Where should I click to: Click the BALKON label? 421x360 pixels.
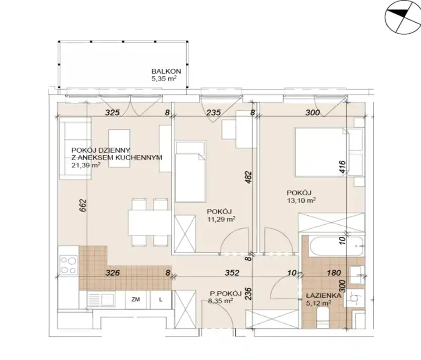click(166, 72)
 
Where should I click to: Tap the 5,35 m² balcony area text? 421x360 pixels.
click(164, 78)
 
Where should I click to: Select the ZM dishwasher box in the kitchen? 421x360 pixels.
click(136, 299)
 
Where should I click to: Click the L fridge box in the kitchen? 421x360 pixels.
click(161, 299)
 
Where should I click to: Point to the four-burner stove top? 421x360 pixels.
click(68, 265)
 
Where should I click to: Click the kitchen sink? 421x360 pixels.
click(101, 299)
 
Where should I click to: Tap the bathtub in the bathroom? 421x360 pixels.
click(337, 246)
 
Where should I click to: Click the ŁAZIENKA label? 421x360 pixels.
click(324, 296)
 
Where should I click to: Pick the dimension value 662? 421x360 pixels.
click(83, 205)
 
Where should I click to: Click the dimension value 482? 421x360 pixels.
click(248, 177)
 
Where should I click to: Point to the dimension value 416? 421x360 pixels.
click(343, 168)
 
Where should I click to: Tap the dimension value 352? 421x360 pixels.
click(232, 273)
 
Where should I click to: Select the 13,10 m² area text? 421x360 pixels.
click(301, 200)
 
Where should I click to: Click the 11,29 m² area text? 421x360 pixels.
click(221, 219)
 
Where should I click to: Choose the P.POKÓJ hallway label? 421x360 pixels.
click(225, 294)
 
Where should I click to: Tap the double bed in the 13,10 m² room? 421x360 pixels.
click(321, 152)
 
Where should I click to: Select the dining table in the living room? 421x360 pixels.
click(149, 223)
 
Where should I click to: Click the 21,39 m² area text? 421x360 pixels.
click(86, 165)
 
